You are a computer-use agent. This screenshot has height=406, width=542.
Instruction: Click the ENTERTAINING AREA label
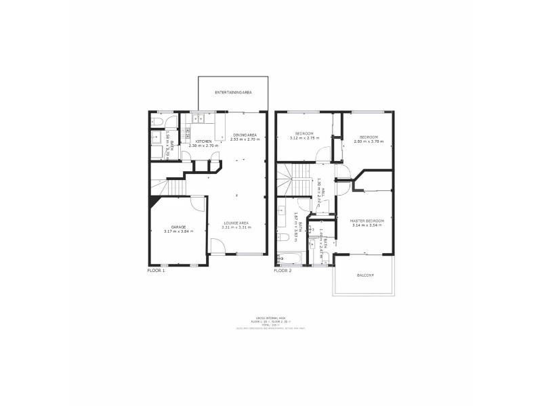[233, 91]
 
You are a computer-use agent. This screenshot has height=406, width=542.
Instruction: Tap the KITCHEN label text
[204, 141]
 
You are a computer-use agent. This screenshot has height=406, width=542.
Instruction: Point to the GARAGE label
[178, 227]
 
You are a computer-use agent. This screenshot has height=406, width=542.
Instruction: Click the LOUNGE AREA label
[236, 223]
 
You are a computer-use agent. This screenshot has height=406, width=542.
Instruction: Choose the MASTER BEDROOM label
[367, 221]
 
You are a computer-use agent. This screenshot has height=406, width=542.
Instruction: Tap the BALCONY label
[366, 275]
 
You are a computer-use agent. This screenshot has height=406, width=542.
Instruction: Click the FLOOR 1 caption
[156, 270]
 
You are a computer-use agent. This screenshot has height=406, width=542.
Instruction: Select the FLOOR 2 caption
[283, 270]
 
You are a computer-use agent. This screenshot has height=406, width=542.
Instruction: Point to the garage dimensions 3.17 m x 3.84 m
[178, 232]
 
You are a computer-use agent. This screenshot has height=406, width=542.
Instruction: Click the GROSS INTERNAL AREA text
[270, 315]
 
